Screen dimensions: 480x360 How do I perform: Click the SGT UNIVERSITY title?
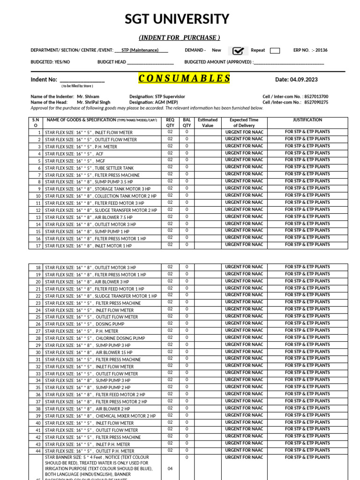pyautogui.click(x=177, y=19)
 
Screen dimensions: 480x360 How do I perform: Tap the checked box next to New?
pyautogui.click(x=239, y=51)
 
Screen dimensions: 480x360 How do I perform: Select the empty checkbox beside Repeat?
pyautogui.click(x=275, y=51)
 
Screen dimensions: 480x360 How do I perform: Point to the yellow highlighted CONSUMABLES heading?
pyautogui.click(x=184, y=78)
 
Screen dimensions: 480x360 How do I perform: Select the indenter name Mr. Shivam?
pyautogui.click(x=88, y=97)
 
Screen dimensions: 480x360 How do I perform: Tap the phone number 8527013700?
pyautogui.click(x=316, y=97)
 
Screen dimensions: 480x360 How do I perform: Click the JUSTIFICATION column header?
pyautogui.click(x=307, y=120)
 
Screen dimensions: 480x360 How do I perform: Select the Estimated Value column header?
pyautogui.click(x=208, y=123)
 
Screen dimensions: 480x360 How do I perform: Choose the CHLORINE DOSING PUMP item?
pyautogui.click(x=120, y=338)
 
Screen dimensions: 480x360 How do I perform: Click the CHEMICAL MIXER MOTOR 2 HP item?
pyautogui.click(x=125, y=416)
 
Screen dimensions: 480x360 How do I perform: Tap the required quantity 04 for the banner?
pyautogui.click(x=170, y=468)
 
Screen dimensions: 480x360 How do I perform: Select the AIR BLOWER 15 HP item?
pyautogui.click(x=114, y=352)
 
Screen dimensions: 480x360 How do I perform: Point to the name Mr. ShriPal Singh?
pyautogui.click(x=94, y=102)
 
